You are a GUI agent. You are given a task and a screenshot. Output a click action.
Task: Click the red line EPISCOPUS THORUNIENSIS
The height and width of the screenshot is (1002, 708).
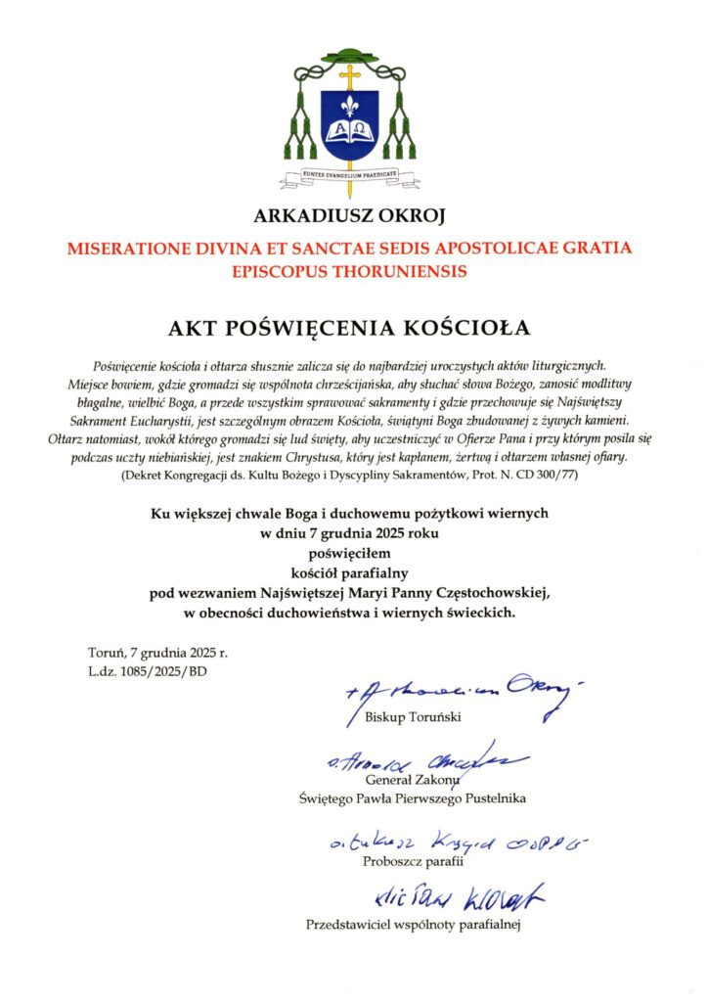[349, 270]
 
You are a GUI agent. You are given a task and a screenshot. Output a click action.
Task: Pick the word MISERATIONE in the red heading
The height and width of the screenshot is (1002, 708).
[128, 249]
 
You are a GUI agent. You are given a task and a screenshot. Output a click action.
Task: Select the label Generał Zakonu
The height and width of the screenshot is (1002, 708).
[412, 780]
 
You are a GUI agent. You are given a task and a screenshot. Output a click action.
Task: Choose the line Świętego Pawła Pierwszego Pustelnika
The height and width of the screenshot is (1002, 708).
[412, 798]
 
